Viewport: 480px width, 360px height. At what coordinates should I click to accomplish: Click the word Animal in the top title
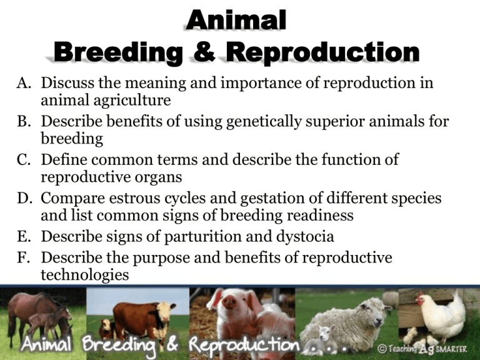(237, 22)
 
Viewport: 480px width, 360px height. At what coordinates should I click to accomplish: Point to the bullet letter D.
(19, 199)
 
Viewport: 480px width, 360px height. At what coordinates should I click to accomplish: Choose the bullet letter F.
(19, 258)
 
